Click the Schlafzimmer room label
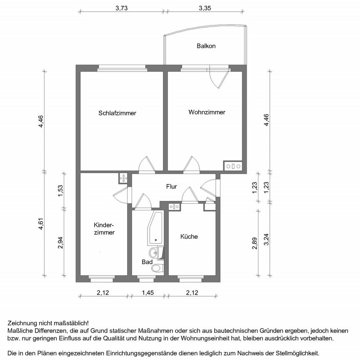click(117, 113)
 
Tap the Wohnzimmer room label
click(207, 112)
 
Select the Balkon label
click(206, 46)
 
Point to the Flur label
click(171, 187)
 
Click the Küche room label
click(189, 236)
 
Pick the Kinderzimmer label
click(104, 229)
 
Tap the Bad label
click(147, 262)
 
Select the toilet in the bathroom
click(157, 268)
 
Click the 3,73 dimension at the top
click(121, 7)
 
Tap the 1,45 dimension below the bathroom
click(147, 292)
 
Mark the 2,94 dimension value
click(60, 242)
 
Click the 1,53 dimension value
click(60, 190)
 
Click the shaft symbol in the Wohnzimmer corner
click(233, 166)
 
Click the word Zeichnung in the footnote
click(22, 323)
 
